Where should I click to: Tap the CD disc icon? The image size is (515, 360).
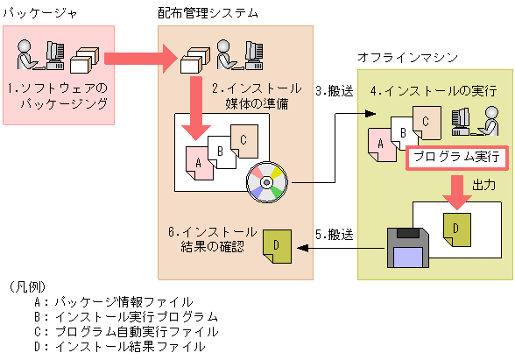(x=265, y=181)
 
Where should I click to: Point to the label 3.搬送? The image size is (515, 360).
(x=334, y=89)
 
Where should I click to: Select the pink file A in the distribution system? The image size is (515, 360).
(x=200, y=163)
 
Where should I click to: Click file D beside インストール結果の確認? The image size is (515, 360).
(x=277, y=244)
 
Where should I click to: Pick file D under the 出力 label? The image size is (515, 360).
(x=456, y=226)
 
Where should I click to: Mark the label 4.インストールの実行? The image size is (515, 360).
(x=433, y=89)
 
